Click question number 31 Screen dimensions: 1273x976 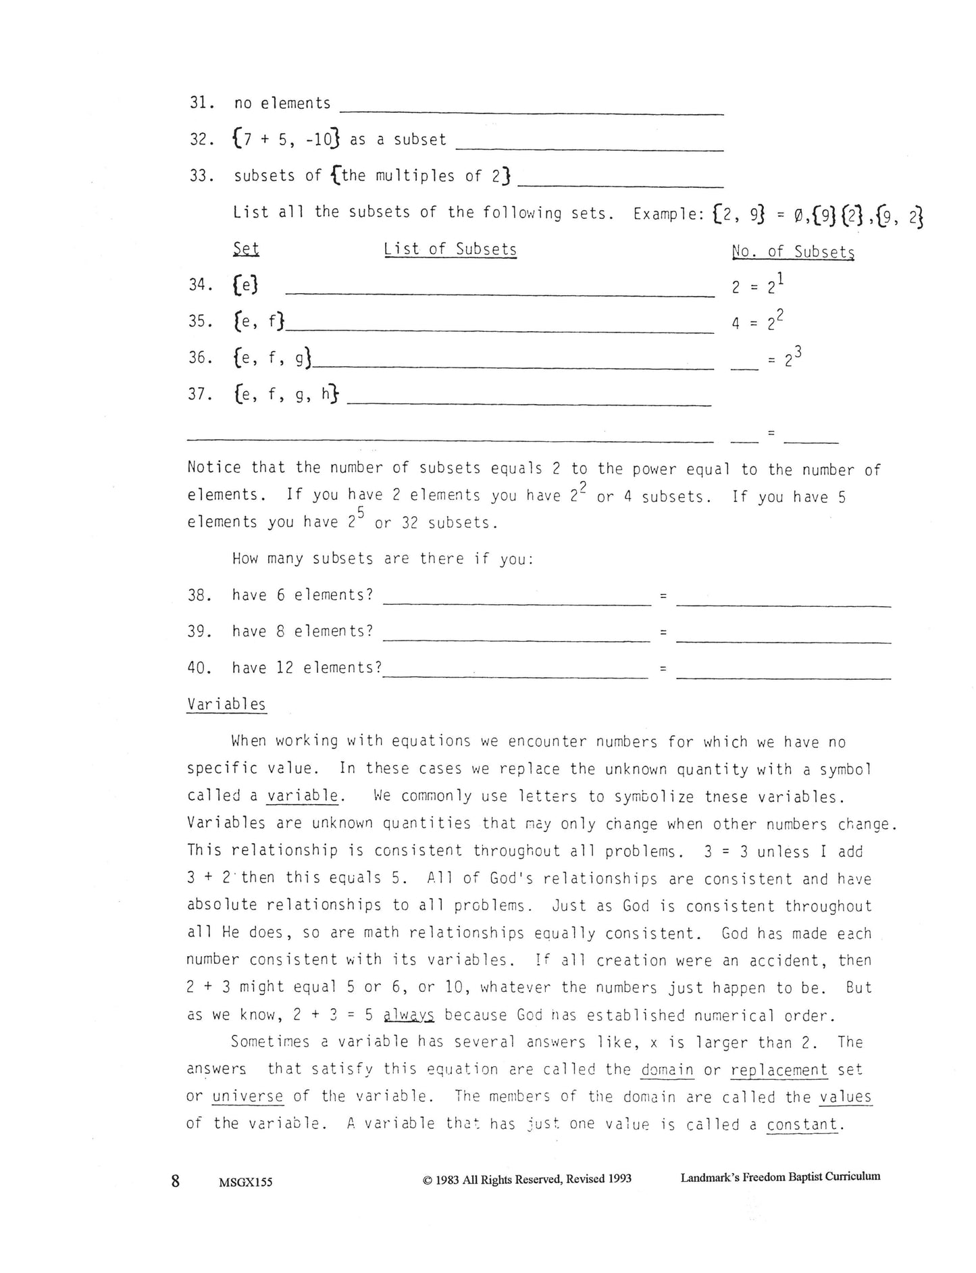[x=201, y=103]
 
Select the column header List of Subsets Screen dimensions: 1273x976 [x=450, y=249]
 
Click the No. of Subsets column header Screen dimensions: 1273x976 [x=793, y=251]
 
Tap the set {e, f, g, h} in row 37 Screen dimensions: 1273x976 [x=286, y=394]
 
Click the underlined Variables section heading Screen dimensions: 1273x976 [x=226, y=704]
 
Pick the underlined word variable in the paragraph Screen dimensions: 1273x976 [x=303, y=796]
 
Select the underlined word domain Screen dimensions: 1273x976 [x=667, y=1070]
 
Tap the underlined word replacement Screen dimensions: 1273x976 [x=779, y=1070]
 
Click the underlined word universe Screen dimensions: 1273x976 [x=248, y=1097]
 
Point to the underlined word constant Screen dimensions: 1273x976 [x=802, y=1124]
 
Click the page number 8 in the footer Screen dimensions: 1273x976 [x=176, y=1180]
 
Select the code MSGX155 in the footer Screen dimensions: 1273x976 [x=246, y=1182]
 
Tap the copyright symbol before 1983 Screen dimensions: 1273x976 [x=427, y=1180]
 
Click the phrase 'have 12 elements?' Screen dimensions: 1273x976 [x=307, y=668]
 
